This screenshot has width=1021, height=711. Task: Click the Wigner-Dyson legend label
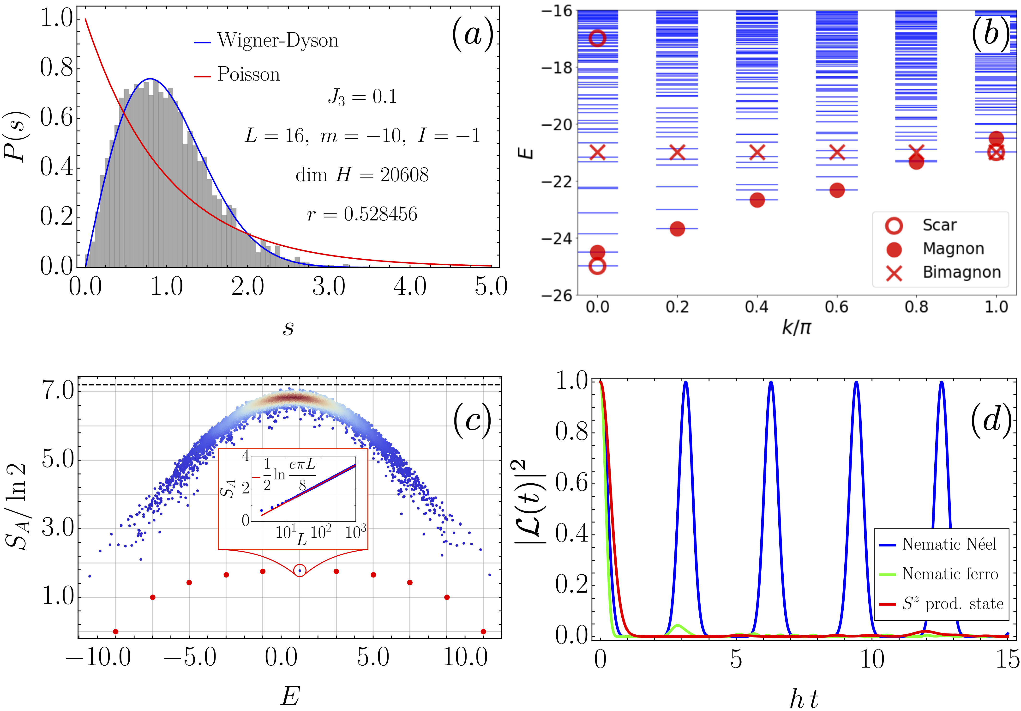point(277,41)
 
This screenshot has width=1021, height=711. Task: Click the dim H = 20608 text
point(362,175)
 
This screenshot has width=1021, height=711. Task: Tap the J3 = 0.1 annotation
point(362,97)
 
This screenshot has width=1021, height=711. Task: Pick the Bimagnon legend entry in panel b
point(961,272)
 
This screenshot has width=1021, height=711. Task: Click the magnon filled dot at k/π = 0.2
point(677,229)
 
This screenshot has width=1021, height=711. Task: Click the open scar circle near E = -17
point(597,38)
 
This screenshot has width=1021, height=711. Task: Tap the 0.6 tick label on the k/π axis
point(836,307)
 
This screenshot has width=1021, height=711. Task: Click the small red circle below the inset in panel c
point(300,570)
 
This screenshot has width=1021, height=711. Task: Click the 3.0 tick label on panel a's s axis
point(329,286)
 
